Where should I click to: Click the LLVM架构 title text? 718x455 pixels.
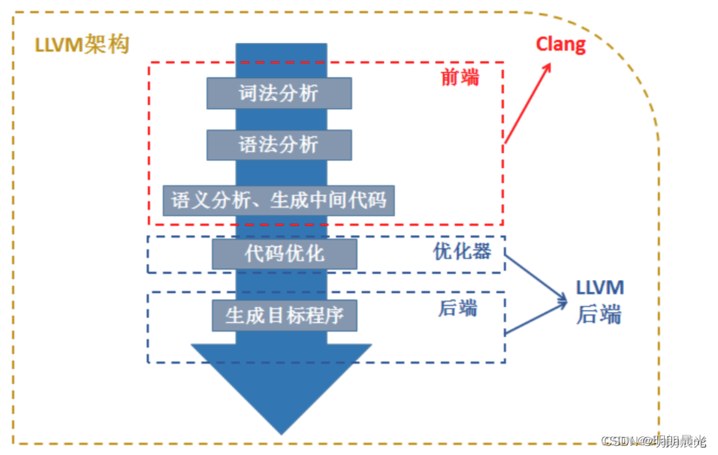pos(82,44)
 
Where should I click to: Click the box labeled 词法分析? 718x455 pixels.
pos(279,93)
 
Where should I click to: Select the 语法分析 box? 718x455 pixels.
pos(279,145)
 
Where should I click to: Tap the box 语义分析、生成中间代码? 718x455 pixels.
pos(279,200)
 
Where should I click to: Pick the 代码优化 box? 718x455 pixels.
pos(284,254)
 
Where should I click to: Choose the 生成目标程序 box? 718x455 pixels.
pos(284,315)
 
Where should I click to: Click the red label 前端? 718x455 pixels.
pos(459,77)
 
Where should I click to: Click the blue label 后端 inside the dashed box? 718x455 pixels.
pos(457,309)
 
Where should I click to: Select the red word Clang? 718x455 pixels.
pos(560,44)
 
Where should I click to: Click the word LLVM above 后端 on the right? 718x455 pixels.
pos(599,288)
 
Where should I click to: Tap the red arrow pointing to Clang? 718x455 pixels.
pos(527,104)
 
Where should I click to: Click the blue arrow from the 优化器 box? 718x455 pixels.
pos(534,278)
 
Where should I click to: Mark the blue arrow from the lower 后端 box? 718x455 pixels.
pos(534,319)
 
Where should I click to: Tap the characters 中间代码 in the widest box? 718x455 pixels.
pos(347,200)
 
